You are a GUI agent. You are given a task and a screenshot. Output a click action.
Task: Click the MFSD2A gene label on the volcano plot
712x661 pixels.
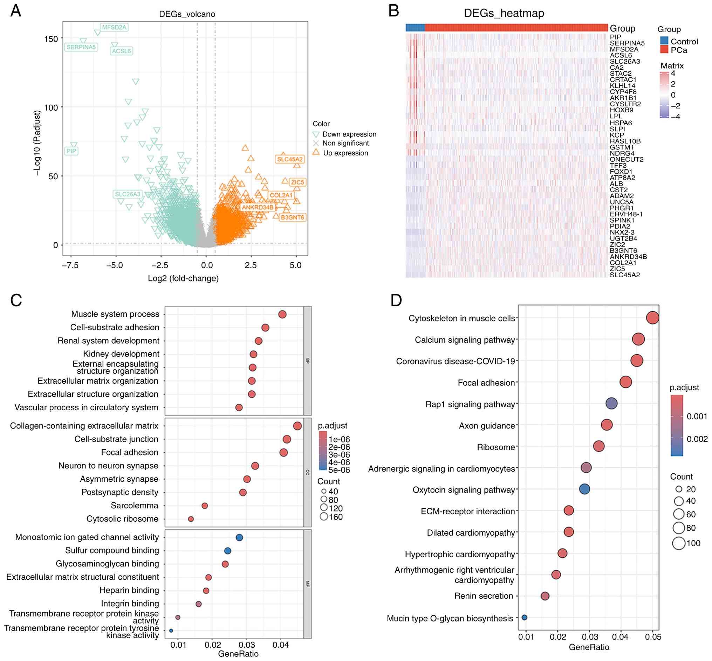[x=114, y=27]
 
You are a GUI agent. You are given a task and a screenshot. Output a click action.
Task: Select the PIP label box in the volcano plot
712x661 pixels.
[x=71, y=151]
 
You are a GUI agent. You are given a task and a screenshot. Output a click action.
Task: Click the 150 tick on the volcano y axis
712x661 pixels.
[x=51, y=39]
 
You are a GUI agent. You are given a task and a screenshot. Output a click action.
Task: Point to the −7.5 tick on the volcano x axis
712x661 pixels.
[x=70, y=265]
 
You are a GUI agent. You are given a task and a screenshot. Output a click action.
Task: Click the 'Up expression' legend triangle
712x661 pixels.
[x=316, y=153]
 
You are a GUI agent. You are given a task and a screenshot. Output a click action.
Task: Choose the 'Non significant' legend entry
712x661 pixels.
[x=345, y=143]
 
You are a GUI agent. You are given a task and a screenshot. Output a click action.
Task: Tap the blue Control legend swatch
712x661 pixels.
[x=664, y=41]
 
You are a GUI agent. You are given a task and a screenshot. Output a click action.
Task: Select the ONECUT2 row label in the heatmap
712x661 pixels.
[x=626, y=159]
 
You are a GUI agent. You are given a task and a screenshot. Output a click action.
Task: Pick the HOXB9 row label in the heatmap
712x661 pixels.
[x=622, y=110]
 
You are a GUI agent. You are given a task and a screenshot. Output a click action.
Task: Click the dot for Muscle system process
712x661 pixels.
[x=282, y=314]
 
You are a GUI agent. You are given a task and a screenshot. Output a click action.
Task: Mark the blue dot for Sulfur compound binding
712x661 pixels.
[x=228, y=550]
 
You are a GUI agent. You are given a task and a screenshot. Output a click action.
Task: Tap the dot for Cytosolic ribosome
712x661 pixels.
[x=191, y=519]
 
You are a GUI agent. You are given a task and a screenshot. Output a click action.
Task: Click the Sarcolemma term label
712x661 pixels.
[x=134, y=506]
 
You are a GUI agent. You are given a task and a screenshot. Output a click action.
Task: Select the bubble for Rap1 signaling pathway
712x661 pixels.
[x=611, y=403]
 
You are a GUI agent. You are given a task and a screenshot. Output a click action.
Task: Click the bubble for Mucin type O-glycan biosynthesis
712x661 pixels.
[x=525, y=617]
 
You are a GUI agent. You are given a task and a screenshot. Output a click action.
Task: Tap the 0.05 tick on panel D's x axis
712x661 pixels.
[x=653, y=637]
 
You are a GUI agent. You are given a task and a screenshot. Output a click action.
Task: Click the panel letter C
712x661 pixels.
[x=16, y=300]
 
